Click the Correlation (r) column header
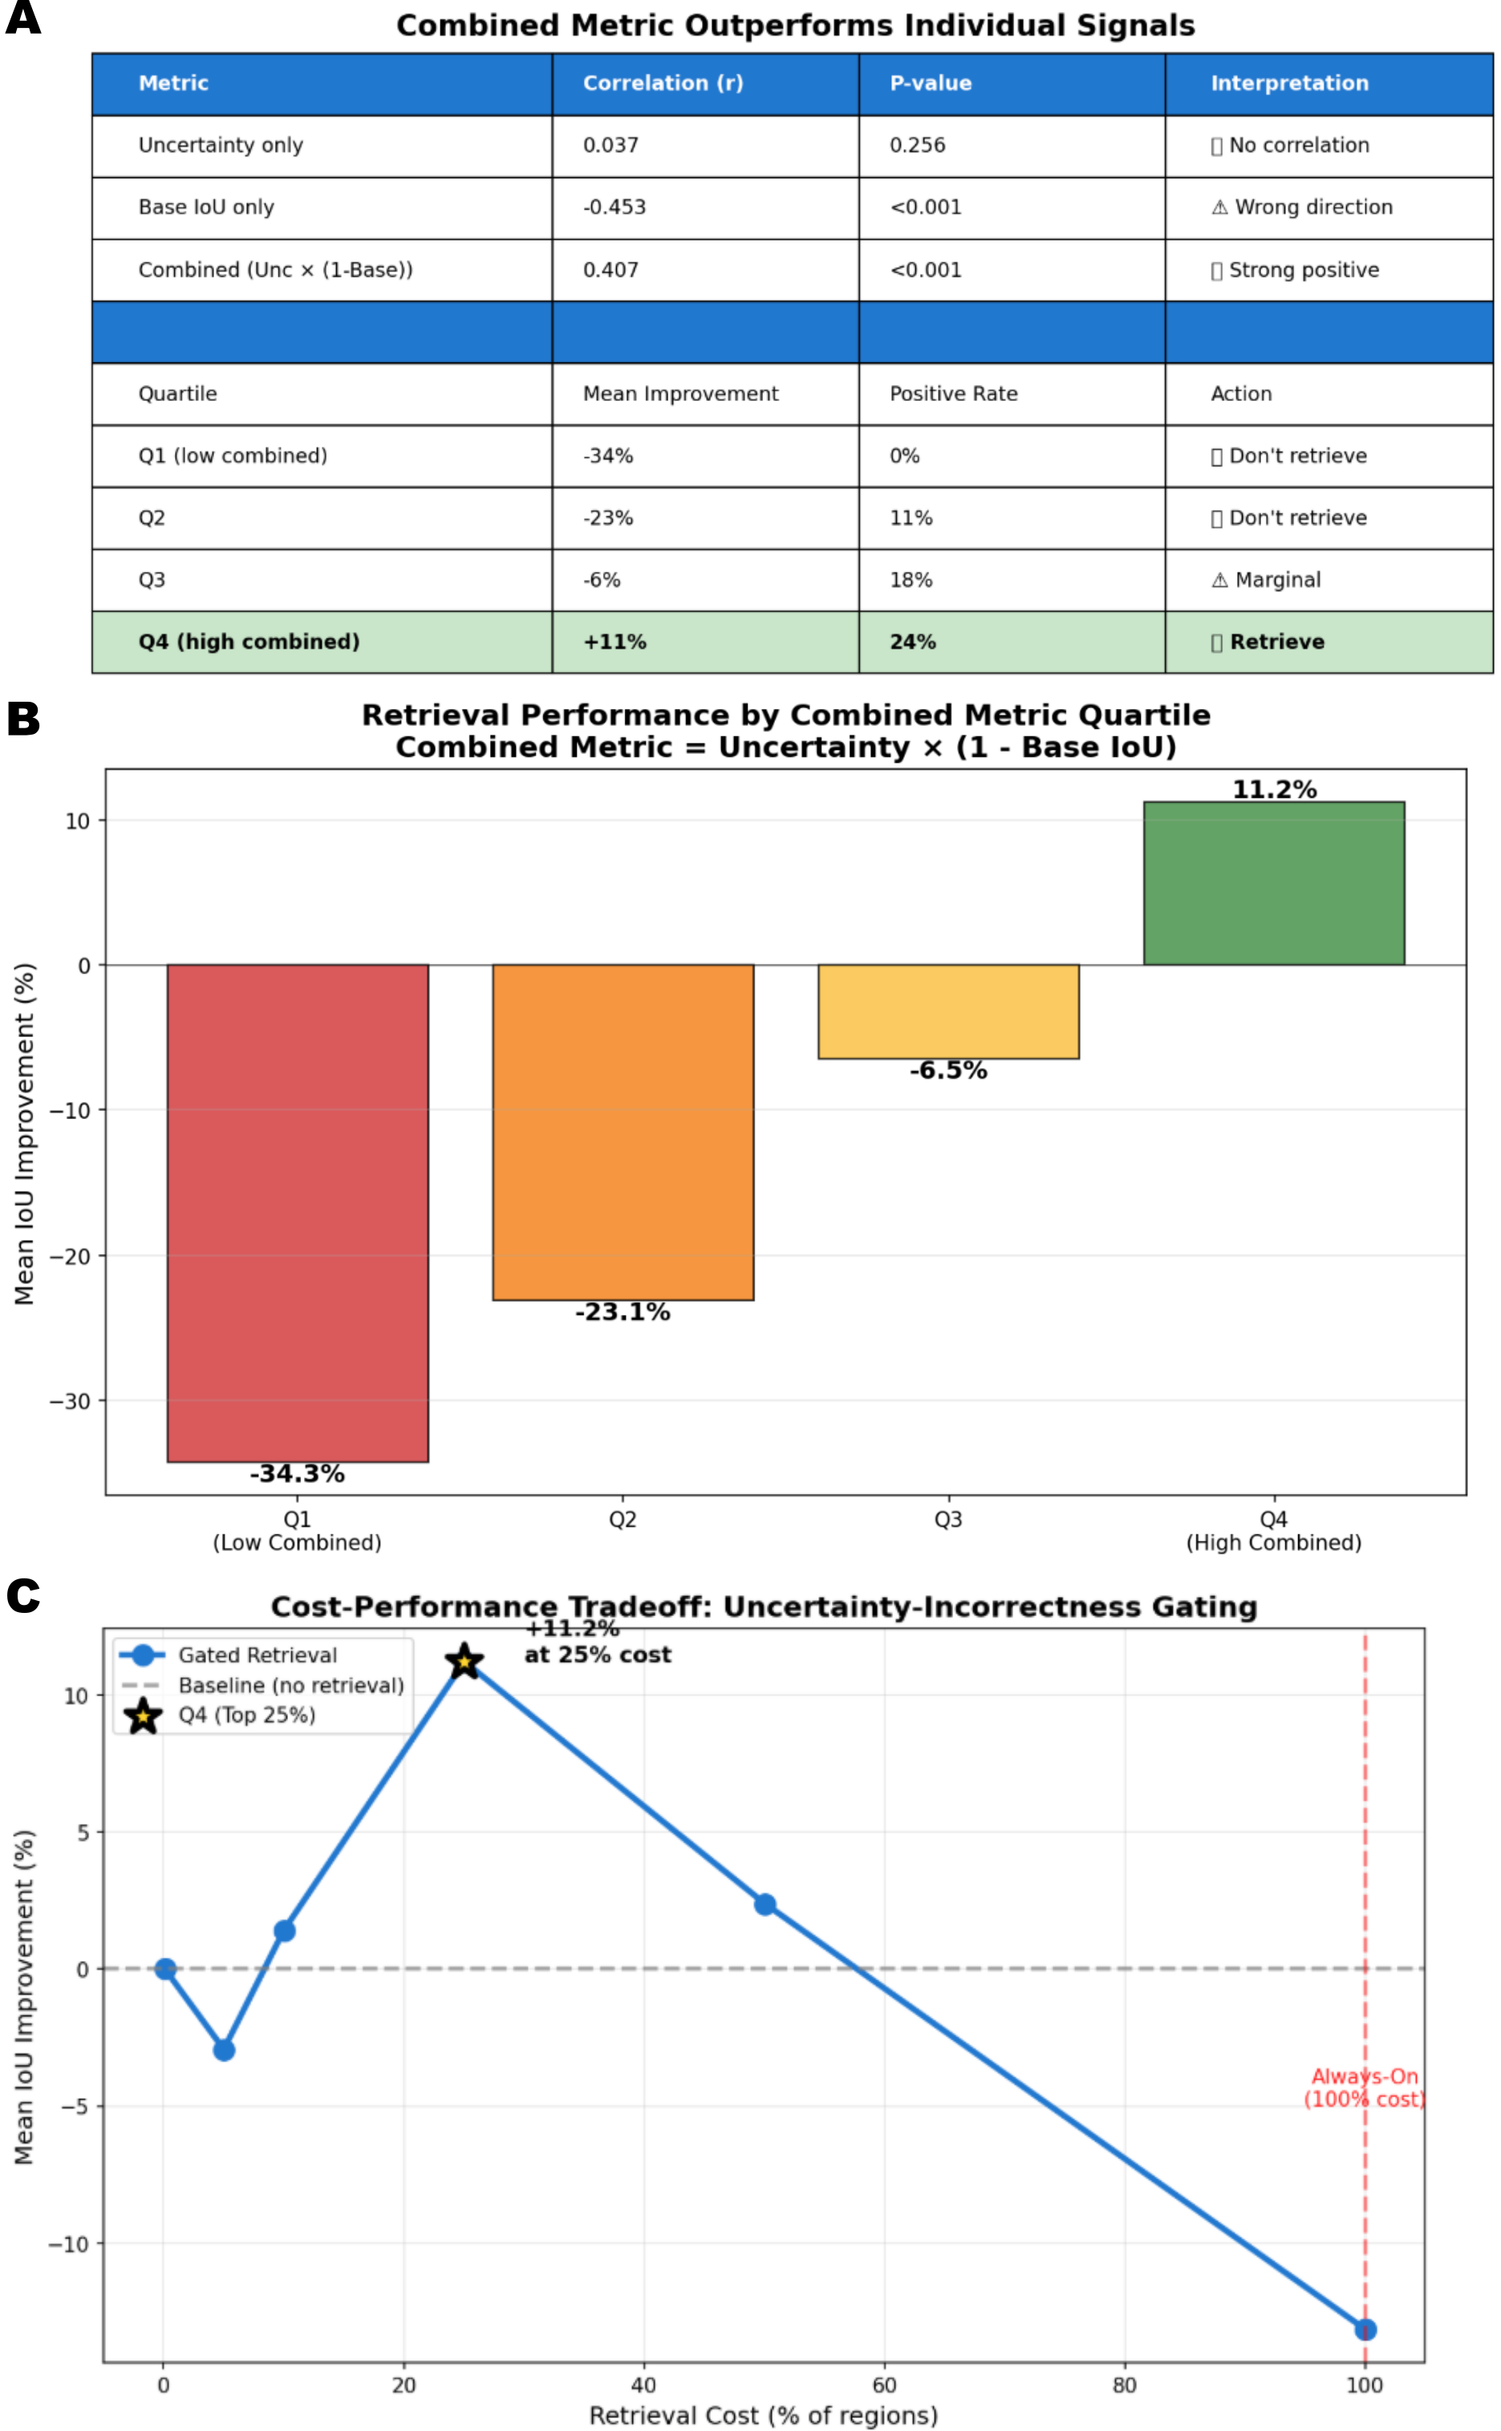pyautogui.click(x=662, y=83)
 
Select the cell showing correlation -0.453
pyautogui.click(x=614, y=208)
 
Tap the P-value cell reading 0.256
pyautogui.click(x=916, y=145)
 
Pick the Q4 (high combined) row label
pyautogui.click(x=248, y=642)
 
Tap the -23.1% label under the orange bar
pyautogui.click(x=623, y=1312)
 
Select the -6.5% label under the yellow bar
pyautogui.click(x=948, y=1070)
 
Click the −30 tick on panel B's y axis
pyautogui.click(x=70, y=1401)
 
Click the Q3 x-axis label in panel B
pyautogui.click(x=948, y=1519)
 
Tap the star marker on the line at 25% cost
pyautogui.click(x=464, y=1661)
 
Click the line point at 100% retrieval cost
pyautogui.click(x=1365, y=2329)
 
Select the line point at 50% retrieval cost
pyautogui.click(x=765, y=1904)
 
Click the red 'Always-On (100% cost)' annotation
pyautogui.click(x=1364, y=2088)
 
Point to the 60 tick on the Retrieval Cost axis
pyautogui.click(x=883, y=2385)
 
